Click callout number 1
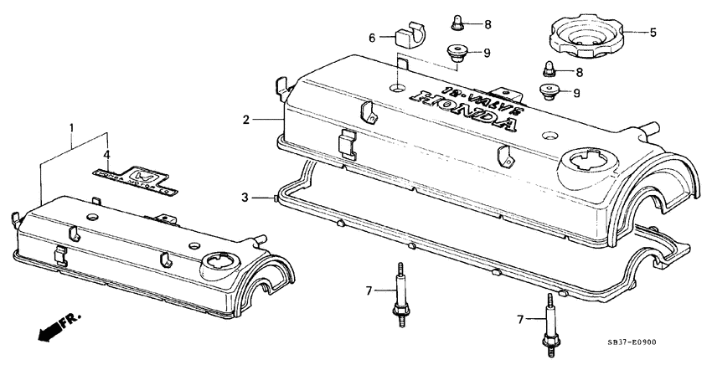tap(72, 130)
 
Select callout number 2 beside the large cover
tap(245, 121)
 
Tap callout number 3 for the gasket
tap(245, 197)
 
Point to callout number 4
tap(106, 154)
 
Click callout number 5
tap(653, 33)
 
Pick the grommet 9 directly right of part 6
tap(457, 54)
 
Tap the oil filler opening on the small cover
tap(218, 263)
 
